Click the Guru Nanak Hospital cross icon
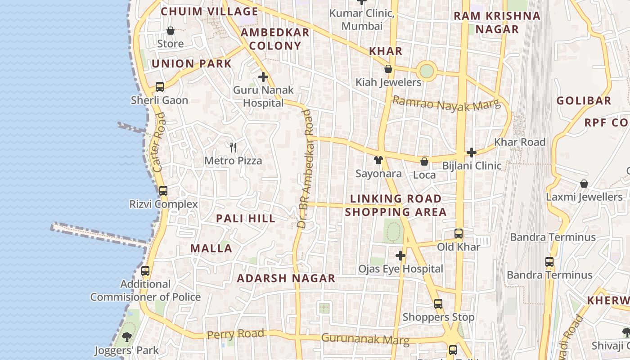tap(263, 77)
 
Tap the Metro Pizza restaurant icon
tap(233, 147)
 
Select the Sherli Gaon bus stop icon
tap(159, 87)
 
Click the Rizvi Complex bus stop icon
tap(163, 191)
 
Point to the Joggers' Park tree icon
tap(127, 337)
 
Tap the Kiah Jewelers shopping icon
tap(388, 69)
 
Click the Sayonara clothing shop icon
tap(378, 160)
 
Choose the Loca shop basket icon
tap(424, 162)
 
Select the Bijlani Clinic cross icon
tap(471, 153)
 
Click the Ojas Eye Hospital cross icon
tap(400, 256)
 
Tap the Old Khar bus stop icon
tap(459, 234)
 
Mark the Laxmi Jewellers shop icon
tap(584, 184)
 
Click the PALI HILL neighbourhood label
tap(246, 219)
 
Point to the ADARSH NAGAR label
tap(286, 279)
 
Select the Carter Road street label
tap(159, 142)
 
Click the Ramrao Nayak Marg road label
tap(446, 104)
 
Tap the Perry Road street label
tap(235, 334)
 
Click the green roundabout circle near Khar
tap(426, 71)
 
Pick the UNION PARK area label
tap(192, 64)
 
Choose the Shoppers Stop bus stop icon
tap(438, 304)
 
